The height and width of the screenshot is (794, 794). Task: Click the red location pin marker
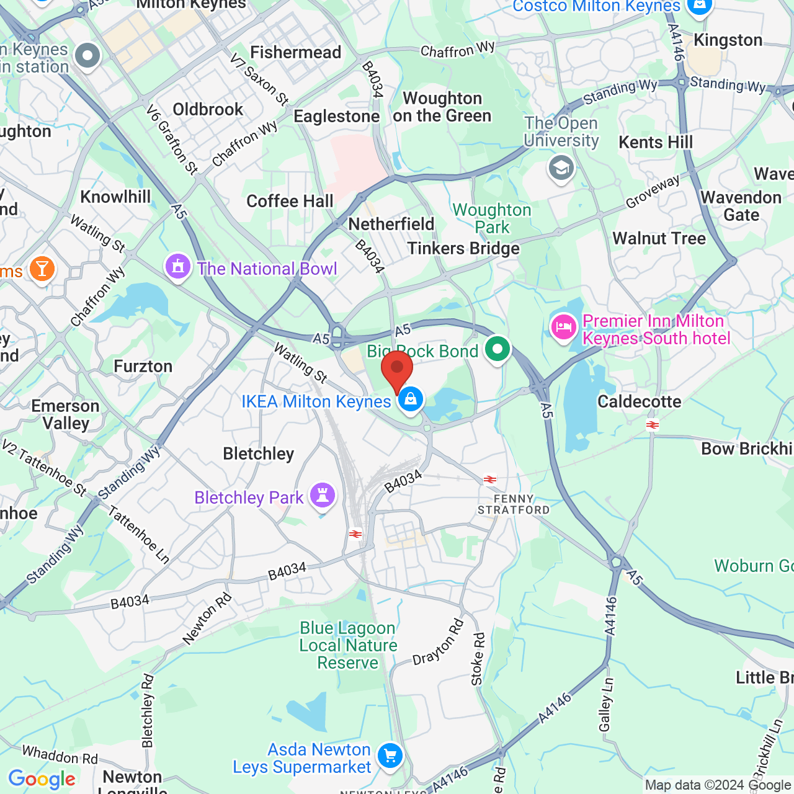[397, 370]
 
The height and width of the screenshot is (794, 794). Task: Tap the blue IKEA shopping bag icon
[410, 399]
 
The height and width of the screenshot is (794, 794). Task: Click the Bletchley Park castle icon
[323, 495]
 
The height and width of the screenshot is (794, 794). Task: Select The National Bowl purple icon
[178, 267]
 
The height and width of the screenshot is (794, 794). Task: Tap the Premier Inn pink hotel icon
[563, 327]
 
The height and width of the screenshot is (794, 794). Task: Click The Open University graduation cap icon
[561, 168]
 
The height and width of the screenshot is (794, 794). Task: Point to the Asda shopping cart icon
[390, 756]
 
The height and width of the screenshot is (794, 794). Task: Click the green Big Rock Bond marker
[497, 349]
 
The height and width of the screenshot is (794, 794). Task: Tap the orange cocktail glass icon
[42, 269]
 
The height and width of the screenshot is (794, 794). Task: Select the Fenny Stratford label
[514, 504]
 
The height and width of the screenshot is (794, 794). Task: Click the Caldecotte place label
[640, 401]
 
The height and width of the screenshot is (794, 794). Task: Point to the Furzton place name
[143, 366]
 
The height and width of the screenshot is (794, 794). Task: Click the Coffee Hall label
[290, 201]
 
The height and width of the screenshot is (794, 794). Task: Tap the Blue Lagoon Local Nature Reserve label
[348, 645]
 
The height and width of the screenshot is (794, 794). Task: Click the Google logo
[42, 779]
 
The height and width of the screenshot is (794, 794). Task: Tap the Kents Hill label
[656, 142]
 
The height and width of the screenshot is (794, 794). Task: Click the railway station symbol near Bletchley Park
[355, 533]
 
